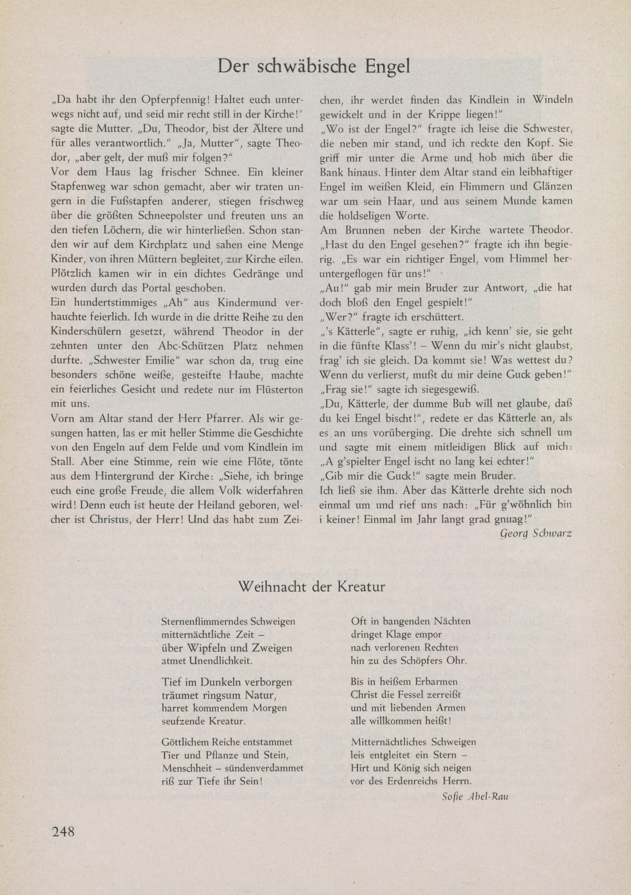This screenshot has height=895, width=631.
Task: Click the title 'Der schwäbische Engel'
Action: pyautogui.click(x=314, y=66)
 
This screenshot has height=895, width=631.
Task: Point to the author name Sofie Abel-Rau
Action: pyautogui.click(x=475, y=793)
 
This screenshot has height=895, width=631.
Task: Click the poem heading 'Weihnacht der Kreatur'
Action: pyautogui.click(x=312, y=587)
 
